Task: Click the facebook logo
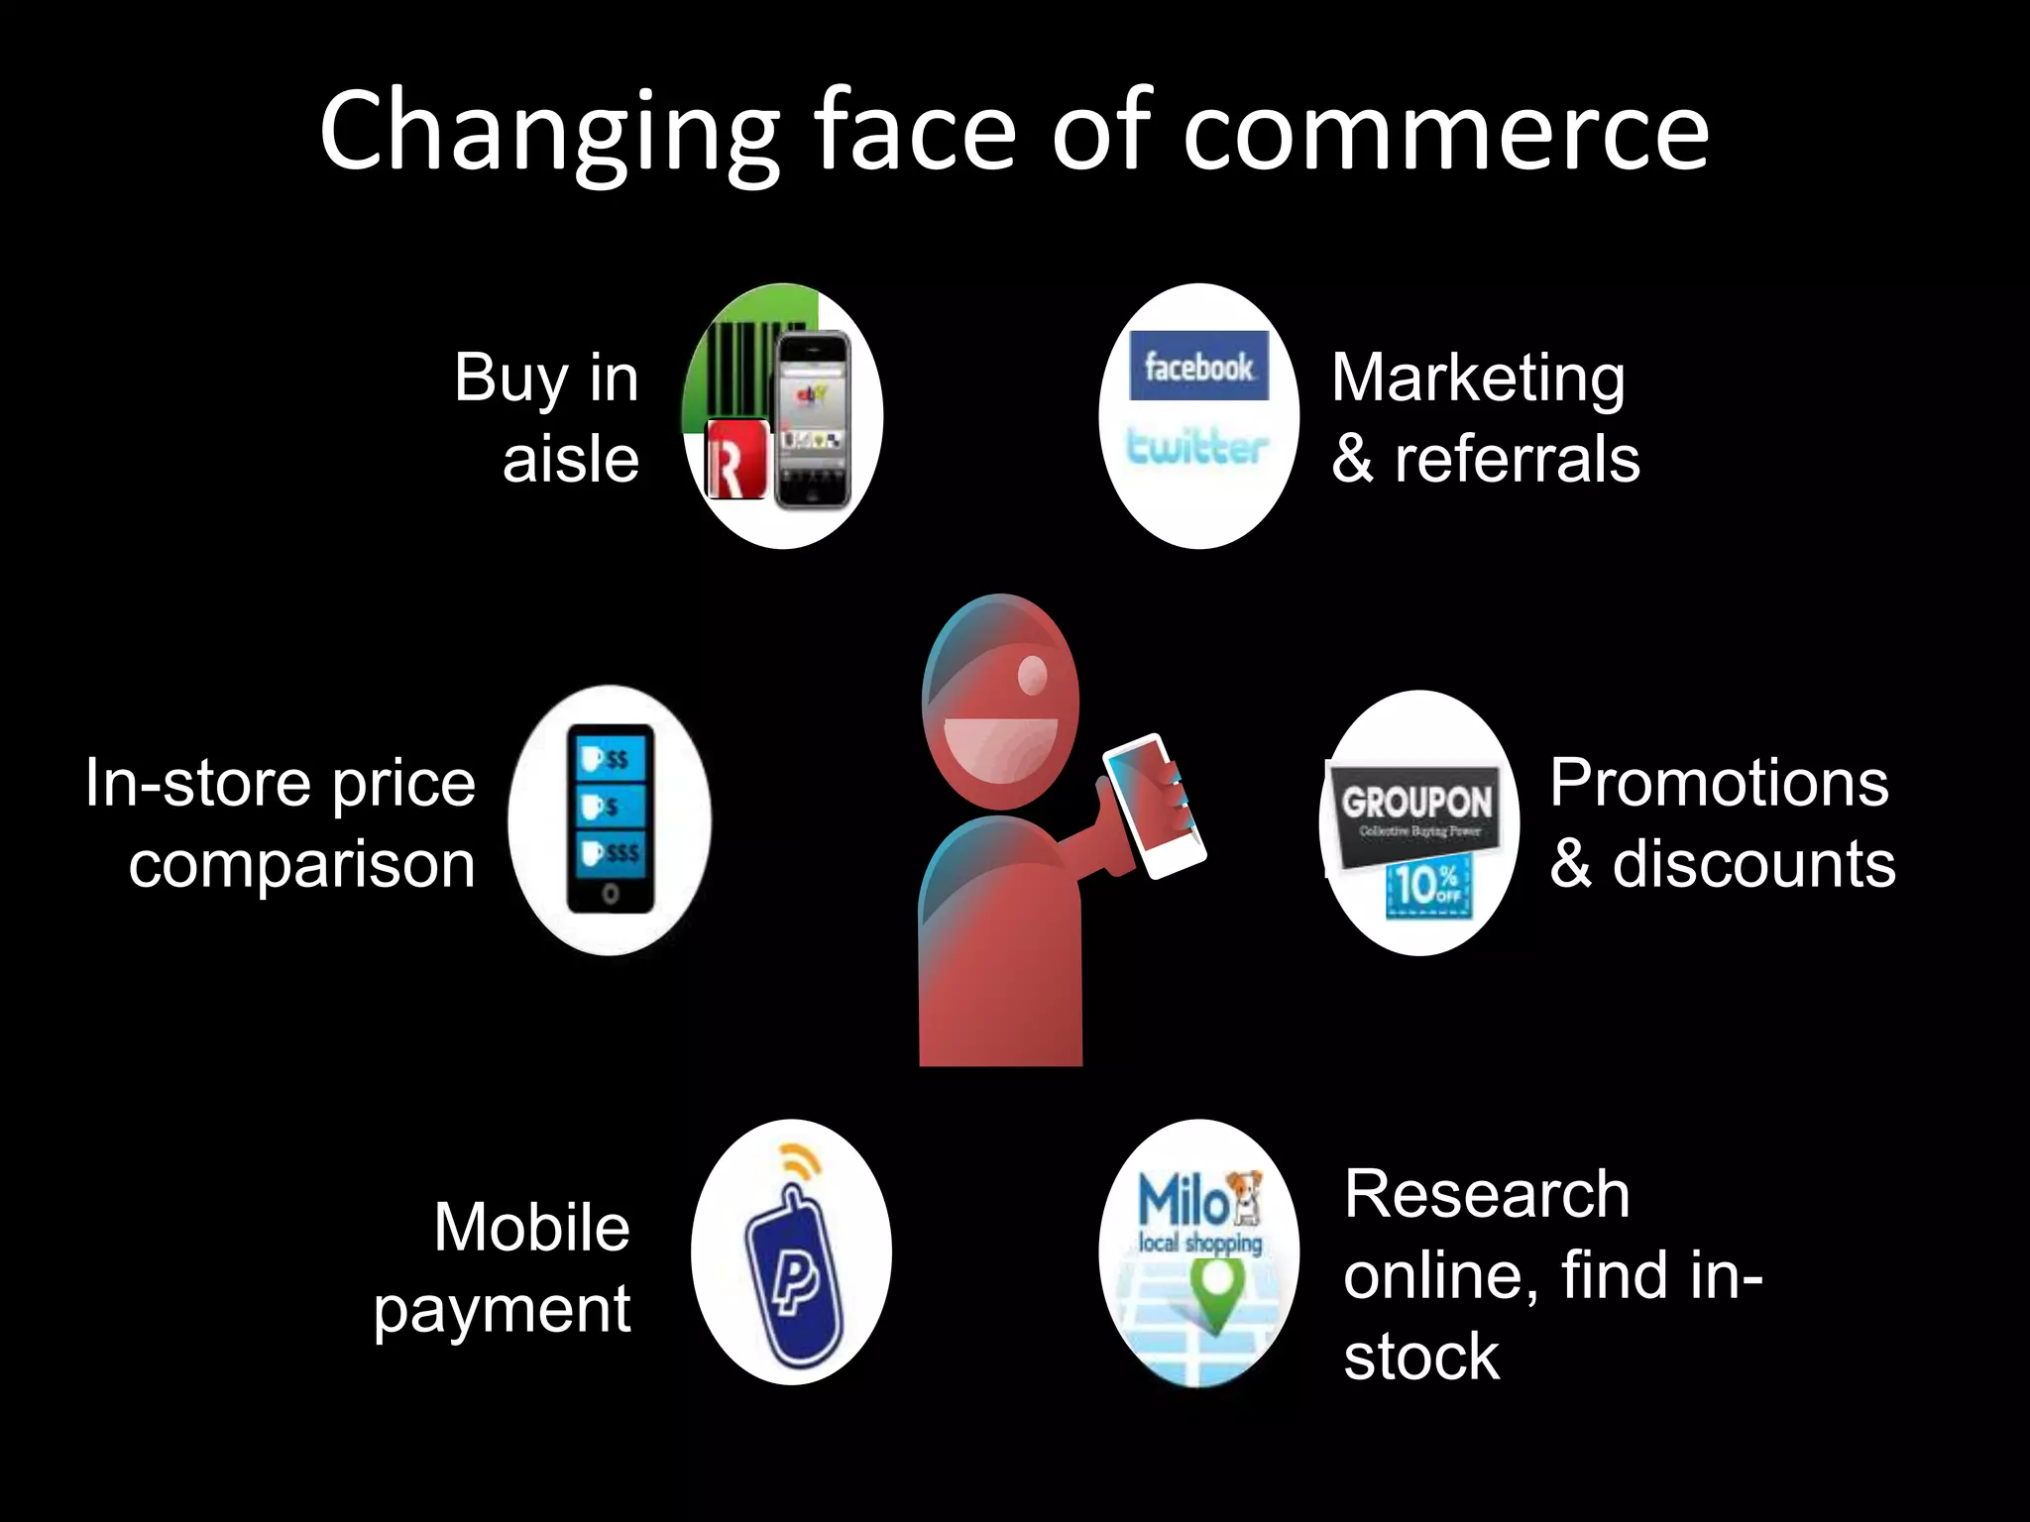point(1198,367)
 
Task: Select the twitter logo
point(1197,448)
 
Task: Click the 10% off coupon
point(1427,885)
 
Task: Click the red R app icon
point(736,459)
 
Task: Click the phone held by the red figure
point(1153,805)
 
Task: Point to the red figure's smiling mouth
point(1000,748)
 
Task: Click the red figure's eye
point(1032,676)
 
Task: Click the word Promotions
point(1719,783)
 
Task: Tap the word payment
point(502,1310)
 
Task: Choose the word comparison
point(302,865)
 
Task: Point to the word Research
point(1487,1194)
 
